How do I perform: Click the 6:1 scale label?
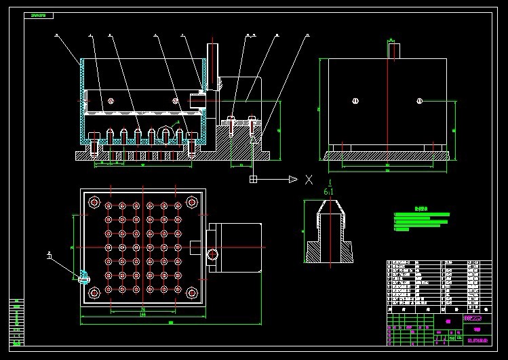[329, 192]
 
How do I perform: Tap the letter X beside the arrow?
[309, 179]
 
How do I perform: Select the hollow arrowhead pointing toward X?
[293, 179]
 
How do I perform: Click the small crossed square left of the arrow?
[253, 179]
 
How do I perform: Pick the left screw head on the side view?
[355, 102]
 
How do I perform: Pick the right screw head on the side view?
[420, 102]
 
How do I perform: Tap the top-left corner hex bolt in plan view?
[94, 202]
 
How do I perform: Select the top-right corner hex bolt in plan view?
[193, 202]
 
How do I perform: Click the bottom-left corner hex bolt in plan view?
[94, 292]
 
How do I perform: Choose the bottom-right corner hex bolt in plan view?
[193, 292]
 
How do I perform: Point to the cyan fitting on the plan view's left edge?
[83, 277]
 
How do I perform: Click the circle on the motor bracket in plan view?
[214, 254]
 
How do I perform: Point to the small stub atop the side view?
[392, 49]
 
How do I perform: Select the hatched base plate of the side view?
[387, 155]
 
